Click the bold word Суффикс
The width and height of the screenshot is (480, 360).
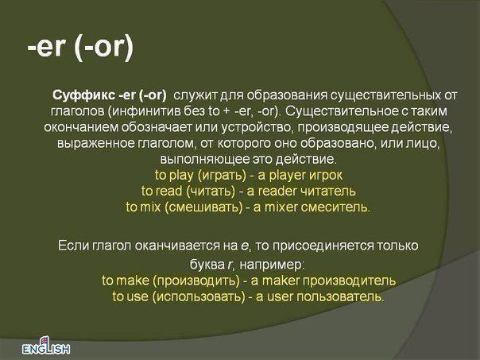(83, 95)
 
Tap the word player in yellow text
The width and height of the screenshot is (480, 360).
(287, 176)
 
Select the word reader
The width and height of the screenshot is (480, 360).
(277, 192)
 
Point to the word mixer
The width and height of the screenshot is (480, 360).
(281, 207)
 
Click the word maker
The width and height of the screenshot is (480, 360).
(281, 281)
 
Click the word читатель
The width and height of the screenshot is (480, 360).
(327, 192)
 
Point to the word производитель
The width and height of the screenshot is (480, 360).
(349, 281)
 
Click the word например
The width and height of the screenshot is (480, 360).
(271, 265)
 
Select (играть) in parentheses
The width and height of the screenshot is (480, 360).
(222, 176)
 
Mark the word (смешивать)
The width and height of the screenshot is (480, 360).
(203, 207)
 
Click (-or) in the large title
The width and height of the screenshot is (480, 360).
(104, 48)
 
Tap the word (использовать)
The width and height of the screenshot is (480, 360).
(199, 296)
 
